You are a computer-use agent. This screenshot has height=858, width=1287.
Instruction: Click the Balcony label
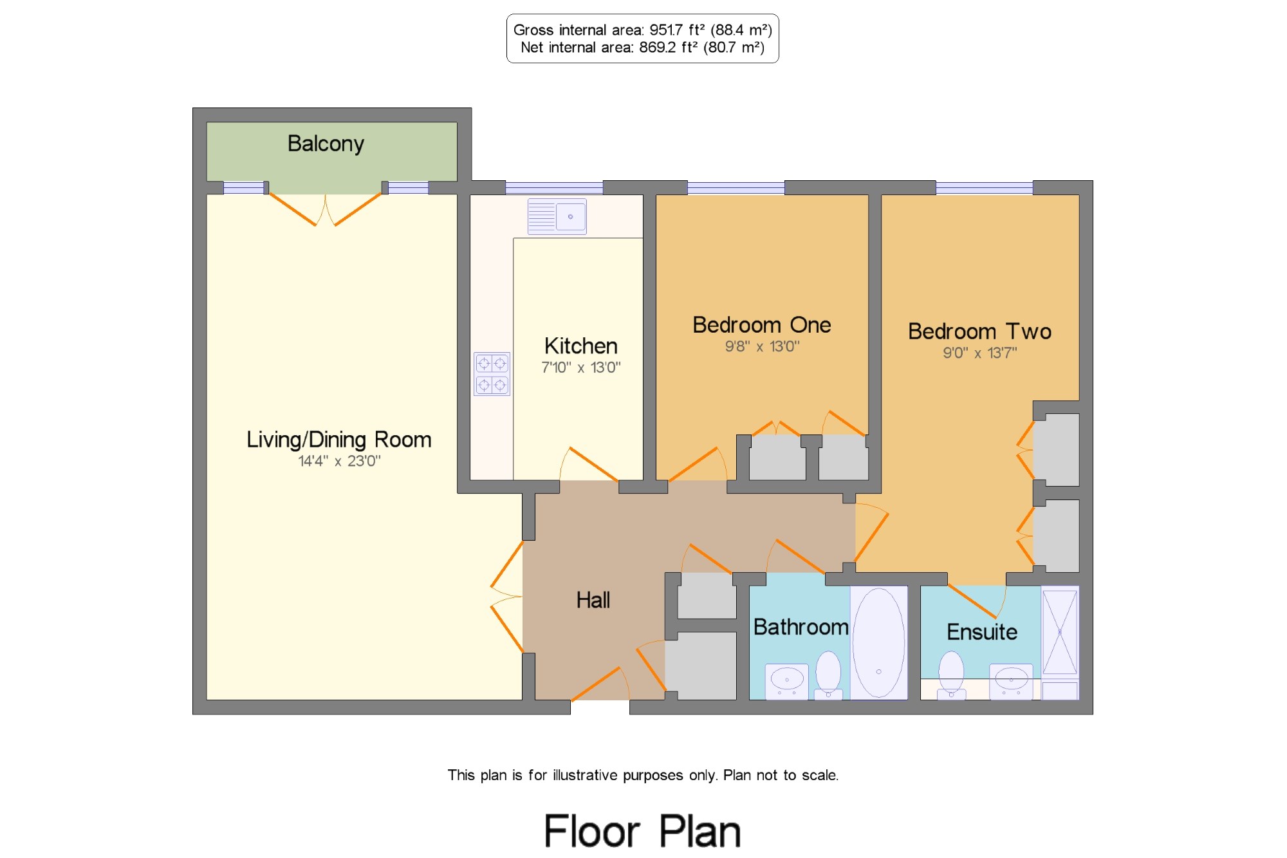coord(326,144)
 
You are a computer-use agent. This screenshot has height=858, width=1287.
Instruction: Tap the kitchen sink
coord(557,216)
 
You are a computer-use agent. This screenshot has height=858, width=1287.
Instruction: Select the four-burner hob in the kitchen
coord(492,374)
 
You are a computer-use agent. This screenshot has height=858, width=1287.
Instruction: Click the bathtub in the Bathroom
coord(879,642)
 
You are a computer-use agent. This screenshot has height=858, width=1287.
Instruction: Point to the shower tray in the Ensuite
coord(1060,632)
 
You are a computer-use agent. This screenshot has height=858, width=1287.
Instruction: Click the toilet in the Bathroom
coord(828,675)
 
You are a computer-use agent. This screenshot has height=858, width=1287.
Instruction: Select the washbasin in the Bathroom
coord(787,681)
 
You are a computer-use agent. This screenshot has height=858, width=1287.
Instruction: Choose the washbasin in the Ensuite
coord(1011,681)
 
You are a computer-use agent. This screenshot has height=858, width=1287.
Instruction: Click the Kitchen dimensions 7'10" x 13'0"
coord(581,368)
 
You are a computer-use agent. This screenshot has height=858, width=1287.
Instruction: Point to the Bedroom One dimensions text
coord(763,346)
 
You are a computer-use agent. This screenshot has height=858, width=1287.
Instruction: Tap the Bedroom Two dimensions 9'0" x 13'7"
coord(980,353)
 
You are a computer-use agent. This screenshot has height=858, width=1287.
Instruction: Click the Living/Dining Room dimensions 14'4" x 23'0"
coord(339,461)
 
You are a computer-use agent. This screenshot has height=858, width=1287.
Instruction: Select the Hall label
coord(593,601)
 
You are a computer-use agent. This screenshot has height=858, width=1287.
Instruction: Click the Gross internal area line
coord(642,30)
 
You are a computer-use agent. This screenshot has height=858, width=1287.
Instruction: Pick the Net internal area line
coord(642,48)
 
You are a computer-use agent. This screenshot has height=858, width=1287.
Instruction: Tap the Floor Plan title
coord(642,831)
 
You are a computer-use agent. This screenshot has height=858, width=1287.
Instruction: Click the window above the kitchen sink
coord(554,188)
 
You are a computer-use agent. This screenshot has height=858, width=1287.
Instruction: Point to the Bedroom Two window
coord(985,188)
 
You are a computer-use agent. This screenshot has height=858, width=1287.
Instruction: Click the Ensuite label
coord(982,632)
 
